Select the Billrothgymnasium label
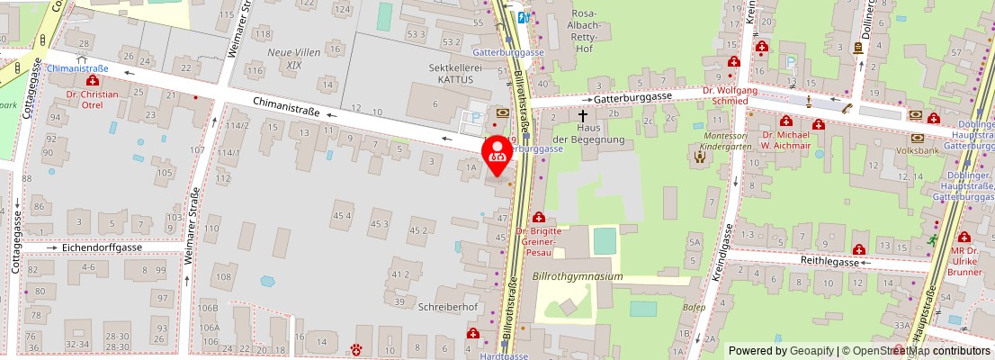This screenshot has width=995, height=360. pyautogui.click(x=577, y=276)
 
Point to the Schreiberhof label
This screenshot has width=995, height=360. pyautogui.click(x=447, y=306)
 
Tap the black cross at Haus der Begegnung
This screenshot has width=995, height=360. pyautogui.click(x=582, y=115)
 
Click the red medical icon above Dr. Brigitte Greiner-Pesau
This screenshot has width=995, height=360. pyautogui.click(x=539, y=217)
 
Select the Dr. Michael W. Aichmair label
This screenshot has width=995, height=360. pyautogui.click(x=785, y=139)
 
